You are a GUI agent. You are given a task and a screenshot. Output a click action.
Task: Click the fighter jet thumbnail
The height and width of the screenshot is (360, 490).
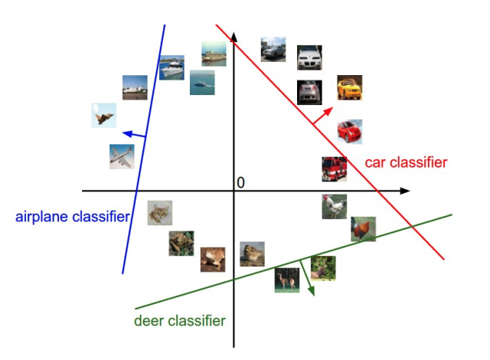pos(104,115)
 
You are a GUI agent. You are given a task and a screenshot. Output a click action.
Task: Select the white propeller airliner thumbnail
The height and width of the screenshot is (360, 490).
pos(122,156)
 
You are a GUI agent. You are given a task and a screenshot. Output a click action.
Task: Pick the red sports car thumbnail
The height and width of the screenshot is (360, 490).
pos(349,131)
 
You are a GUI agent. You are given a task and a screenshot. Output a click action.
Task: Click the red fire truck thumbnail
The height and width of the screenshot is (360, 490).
pos(334,169)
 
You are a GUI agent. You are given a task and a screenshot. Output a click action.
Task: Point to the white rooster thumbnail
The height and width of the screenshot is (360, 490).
pos(334,206)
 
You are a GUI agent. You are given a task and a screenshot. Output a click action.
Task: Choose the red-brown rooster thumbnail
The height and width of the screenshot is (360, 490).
pos(363,229)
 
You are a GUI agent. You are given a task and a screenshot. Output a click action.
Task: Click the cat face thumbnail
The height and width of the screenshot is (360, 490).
pos(160,213)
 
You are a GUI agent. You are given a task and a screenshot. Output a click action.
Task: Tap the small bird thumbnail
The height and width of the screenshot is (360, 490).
pos(252,254)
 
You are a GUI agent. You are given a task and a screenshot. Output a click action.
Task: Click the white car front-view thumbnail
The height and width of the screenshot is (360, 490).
pos(309,57)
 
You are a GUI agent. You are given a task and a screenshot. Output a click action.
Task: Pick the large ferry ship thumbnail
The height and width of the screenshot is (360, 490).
pos(214,54)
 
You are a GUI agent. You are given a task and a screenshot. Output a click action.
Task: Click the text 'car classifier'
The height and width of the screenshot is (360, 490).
pos(405,162)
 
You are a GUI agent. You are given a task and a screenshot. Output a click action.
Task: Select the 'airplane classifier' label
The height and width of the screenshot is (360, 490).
pos(72,217)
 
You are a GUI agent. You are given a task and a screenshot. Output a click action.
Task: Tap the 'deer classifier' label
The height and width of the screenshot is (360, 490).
pos(179,321)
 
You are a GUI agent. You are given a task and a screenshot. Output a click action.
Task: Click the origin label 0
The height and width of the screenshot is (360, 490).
pos(240,183)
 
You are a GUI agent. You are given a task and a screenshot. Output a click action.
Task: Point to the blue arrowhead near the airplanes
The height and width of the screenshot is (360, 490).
pos(126,134)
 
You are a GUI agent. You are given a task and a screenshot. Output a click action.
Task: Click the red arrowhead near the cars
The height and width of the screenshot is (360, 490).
pos(330,110)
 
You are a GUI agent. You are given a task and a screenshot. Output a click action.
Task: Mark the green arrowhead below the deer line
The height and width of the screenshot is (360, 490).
pos(312,291)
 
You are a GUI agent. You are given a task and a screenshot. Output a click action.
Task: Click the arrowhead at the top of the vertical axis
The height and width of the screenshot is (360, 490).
pos(234,34)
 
